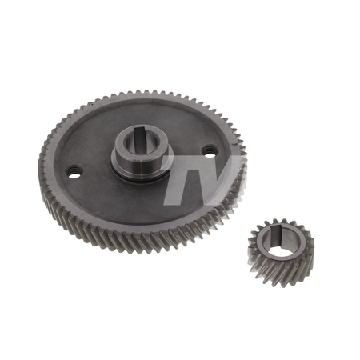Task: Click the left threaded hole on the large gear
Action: (x=74, y=172)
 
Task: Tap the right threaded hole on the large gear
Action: (x=210, y=150)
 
